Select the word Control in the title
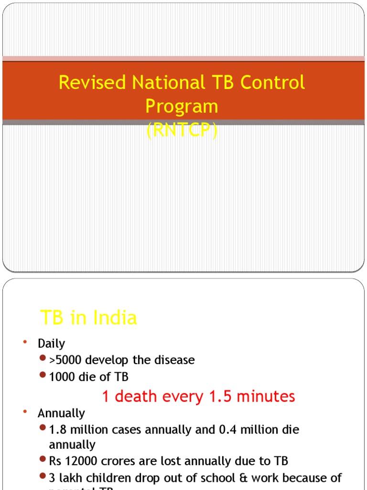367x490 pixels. click(272, 82)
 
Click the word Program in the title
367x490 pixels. click(182, 106)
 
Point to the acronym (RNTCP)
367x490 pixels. click(182, 130)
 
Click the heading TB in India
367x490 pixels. click(88, 318)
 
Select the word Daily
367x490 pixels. click(51, 344)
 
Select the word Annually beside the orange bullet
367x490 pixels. click(61, 413)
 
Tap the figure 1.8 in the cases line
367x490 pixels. click(57, 429)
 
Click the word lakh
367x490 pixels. click(69, 478)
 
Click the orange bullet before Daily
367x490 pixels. click(24, 342)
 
